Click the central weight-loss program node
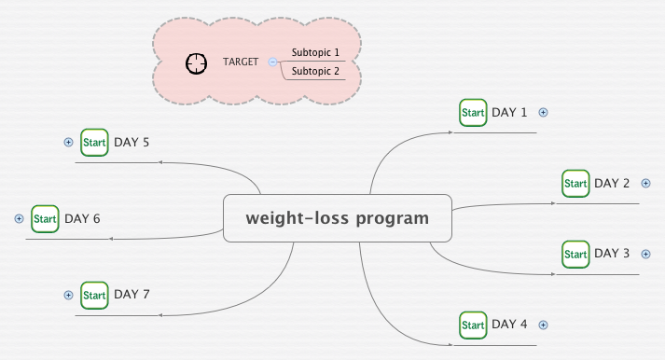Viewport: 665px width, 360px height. pyautogui.click(x=337, y=218)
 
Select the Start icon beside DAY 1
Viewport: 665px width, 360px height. pyautogui.click(x=473, y=113)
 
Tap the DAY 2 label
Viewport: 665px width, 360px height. pyautogui.click(x=612, y=183)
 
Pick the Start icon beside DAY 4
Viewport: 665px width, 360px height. pyautogui.click(x=473, y=325)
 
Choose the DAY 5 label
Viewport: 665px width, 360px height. pyautogui.click(x=132, y=143)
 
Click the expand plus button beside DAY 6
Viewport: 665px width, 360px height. pyautogui.click(x=19, y=219)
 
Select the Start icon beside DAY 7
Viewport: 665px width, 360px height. pyautogui.click(x=94, y=295)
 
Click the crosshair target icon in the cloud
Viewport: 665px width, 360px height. pyautogui.click(x=196, y=63)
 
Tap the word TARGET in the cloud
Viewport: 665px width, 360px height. pyautogui.click(x=241, y=62)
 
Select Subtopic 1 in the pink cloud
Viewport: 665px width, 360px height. pyautogui.click(x=315, y=53)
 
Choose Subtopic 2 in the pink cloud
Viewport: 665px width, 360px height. pyautogui.click(x=315, y=71)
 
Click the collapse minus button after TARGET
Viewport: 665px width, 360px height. pyautogui.click(x=272, y=62)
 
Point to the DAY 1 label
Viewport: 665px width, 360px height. pyautogui.click(x=509, y=113)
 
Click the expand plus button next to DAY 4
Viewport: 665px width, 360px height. pyautogui.click(x=544, y=325)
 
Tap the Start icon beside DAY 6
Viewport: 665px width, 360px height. pyautogui.click(x=45, y=219)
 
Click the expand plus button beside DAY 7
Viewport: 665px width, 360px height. pyautogui.click(x=68, y=295)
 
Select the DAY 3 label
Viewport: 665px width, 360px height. pyautogui.click(x=612, y=254)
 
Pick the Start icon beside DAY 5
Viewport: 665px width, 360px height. pyautogui.click(x=94, y=143)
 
